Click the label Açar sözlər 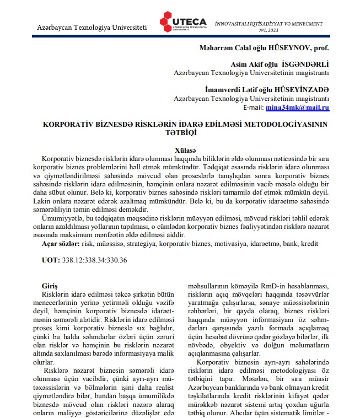[x=61, y=243]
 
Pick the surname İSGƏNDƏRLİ [x=305, y=64]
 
